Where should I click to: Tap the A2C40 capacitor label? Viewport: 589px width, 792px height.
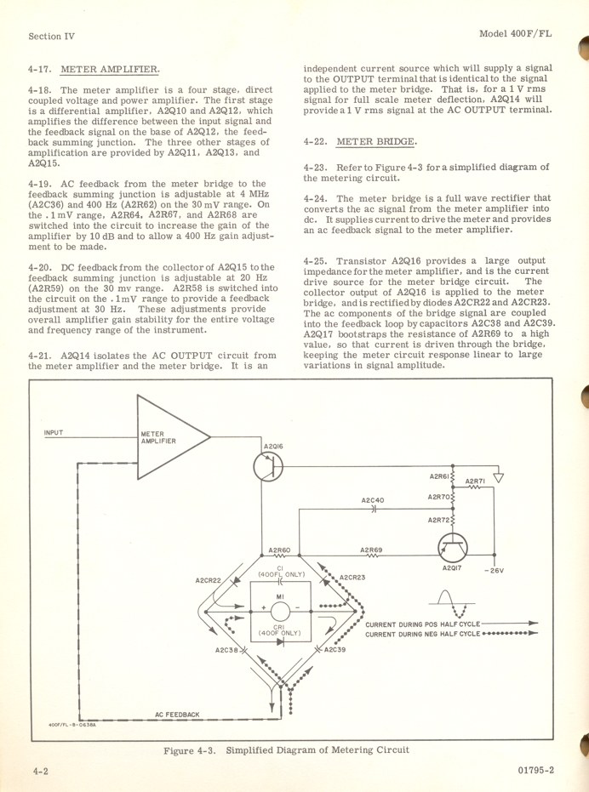373,500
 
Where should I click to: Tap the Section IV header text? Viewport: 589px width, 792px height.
51,36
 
